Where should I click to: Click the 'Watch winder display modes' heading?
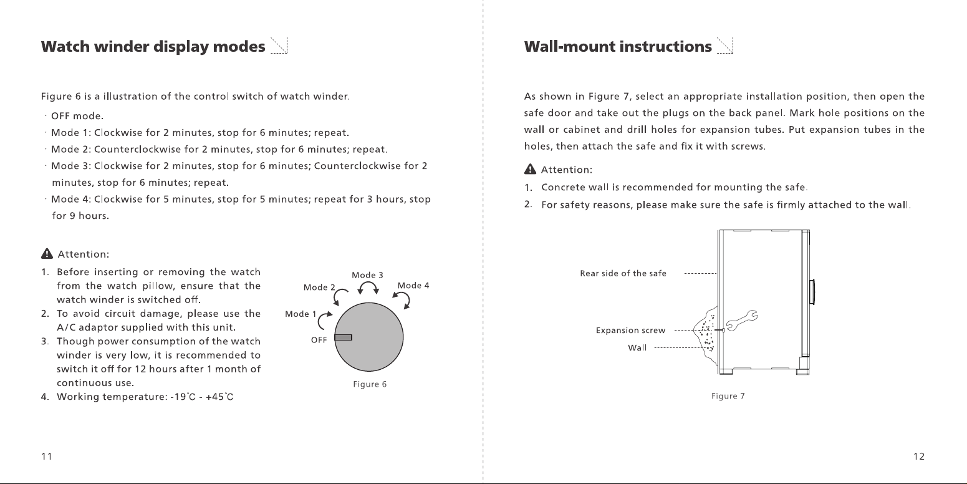click(x=153, y=47)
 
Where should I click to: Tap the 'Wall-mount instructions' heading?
click(x=618, y=46)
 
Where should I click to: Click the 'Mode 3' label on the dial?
click(x=367, y=275)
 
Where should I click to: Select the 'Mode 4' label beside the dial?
click(x=413, y=286)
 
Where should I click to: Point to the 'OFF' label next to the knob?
click(x=319, y=340)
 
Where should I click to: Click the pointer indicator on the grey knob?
click(x=343, y=337)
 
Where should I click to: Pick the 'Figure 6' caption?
click(x=370, y=384)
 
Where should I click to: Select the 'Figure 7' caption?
click(x=728, y=396)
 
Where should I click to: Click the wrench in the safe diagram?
click(x=742, y=321)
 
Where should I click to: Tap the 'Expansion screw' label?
click(x=630, y=331)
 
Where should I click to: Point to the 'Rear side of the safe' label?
click(x=623, y=273)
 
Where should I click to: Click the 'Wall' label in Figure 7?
click(x=637, y=347)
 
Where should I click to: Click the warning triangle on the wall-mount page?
click(x=530, y=169)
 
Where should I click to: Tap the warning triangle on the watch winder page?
click(x=47, y=253)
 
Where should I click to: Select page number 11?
click(x=47, y=457)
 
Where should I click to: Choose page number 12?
click(x=919, y=457)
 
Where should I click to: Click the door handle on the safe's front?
click(x=812, y=292)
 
